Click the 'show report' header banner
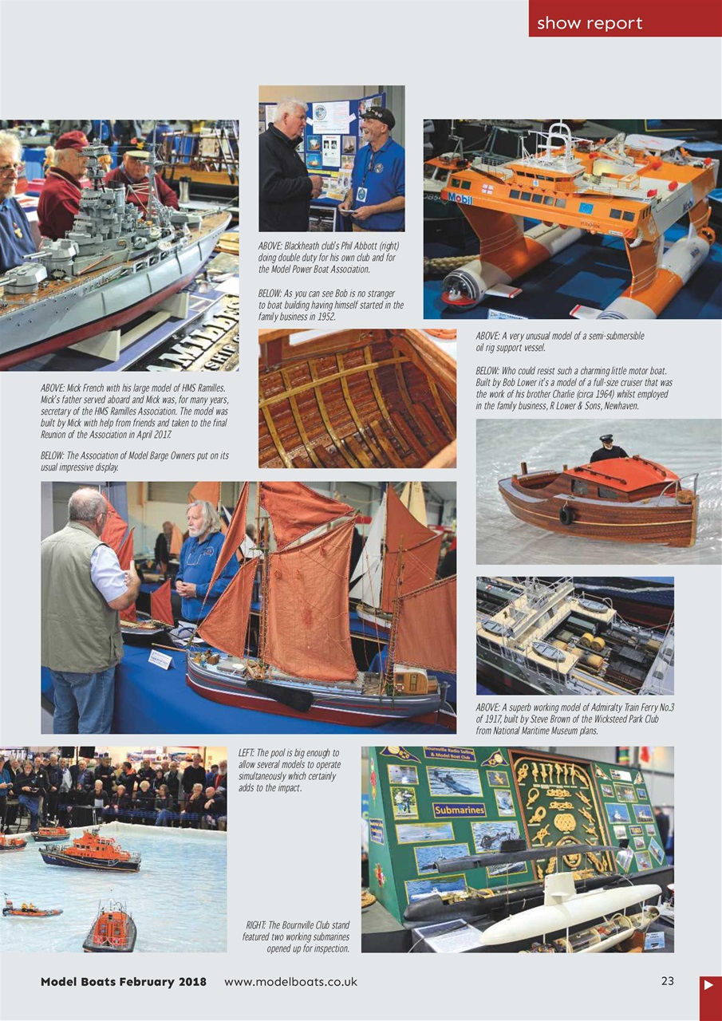pyautogui.click(x=625, y=19)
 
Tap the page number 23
pyautogui.click(x=668, y=981)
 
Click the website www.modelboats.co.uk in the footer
pyautogui.click(x=290, y=982)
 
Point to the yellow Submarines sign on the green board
pyautogui.click(x=459, y=810)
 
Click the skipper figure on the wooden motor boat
pyautogui.click(x=608, y=449)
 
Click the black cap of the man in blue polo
pyautogui.click(x=378, y=116)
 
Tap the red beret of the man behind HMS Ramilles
pyautogui.click(x=72, y=140)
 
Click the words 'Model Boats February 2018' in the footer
pyautogui.click(x=124, y=982)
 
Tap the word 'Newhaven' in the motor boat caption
pyautogui.click(x=617, y=406)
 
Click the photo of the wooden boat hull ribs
pyautogui.click(x=357, y=398)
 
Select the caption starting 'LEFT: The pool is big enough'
pyautogui.click(x=290, y=770)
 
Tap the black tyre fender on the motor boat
pyautogui.click(x=566, y=516)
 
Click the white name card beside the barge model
pyautogui.click(x=160, y=659)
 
